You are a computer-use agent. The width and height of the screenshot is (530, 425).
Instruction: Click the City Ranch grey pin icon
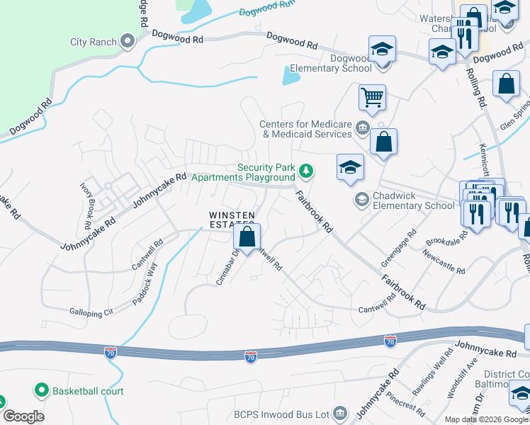point(128,42)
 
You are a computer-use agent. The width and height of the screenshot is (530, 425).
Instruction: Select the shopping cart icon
point(372,96)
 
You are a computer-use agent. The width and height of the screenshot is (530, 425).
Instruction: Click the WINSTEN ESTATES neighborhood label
point(231,220)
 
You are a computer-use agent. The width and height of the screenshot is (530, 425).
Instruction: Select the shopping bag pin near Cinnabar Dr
point(247,238)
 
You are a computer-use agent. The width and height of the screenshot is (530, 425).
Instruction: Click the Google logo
point(23,416)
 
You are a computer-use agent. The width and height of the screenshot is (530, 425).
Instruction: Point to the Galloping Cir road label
point(91,312)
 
